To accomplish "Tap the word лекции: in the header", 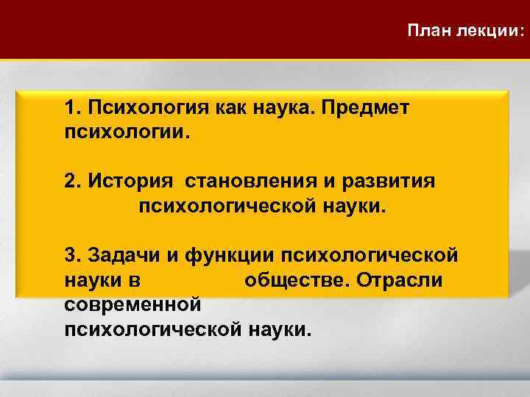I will [491, 31].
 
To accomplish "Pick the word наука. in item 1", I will [283, 108].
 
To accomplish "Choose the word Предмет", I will [367, 108].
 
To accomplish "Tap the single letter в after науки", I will [138, 281].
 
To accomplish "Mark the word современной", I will [132, 304].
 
